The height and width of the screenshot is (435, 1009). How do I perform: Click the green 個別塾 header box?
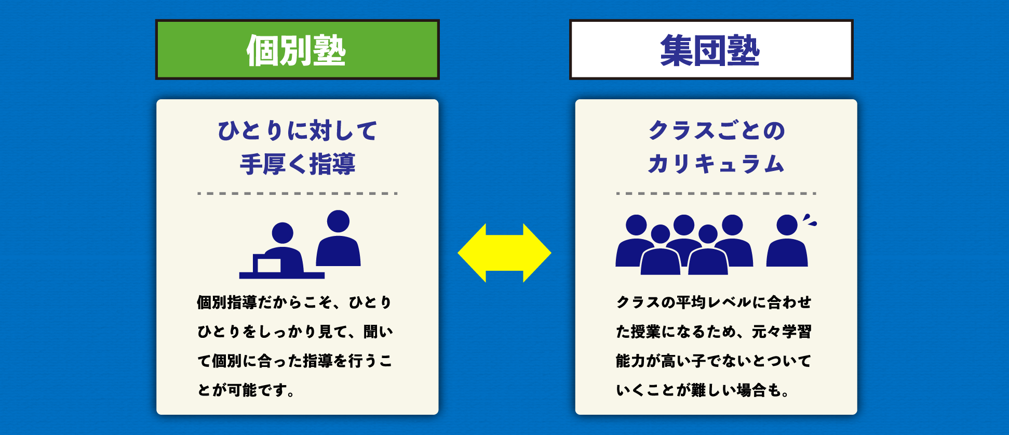click(x=298, y=49)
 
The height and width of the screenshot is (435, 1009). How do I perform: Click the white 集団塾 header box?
click(x=711, y=49)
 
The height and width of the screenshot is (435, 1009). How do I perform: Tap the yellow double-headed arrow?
click(x=504, y=253)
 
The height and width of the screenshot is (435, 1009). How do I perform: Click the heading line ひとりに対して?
click(x=298, y=130)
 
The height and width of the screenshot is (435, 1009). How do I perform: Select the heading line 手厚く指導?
click(x=298, y=164)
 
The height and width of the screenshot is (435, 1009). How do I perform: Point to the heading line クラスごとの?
click(x=716, y=130)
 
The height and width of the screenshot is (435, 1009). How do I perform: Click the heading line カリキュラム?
click(x=716, y=164)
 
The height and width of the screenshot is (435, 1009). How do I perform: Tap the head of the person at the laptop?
click(x=282, y=233)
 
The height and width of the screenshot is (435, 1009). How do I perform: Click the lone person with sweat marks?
click(x=787, y=241)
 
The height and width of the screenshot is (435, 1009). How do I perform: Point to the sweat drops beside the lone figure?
click(x=810, y=220)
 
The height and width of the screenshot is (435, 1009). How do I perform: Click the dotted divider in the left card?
click(x=298, y=193)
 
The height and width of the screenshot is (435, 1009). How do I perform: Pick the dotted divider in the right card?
click(x=716, y=193)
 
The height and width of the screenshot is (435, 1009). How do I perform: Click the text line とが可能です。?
click(x=246, y=390)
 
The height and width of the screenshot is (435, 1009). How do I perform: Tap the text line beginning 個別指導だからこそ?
click(x=294, y=302)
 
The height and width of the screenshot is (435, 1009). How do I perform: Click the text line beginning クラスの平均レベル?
click(x=714, y=302)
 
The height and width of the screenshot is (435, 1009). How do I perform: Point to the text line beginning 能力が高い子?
click(x=714, y=361)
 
